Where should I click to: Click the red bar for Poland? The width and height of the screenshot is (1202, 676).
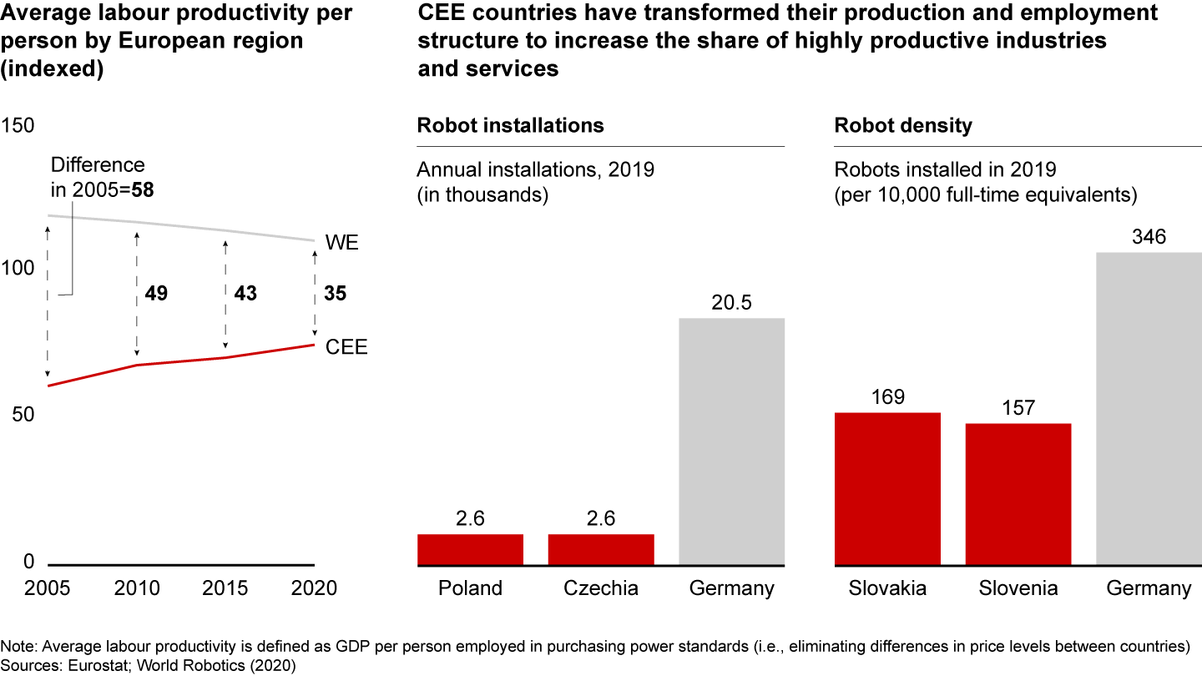click(x=470, y=549)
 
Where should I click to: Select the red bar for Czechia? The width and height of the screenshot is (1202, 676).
click(x=601, y=549)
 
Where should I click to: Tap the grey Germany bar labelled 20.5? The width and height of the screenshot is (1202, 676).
click(x=732, y=441)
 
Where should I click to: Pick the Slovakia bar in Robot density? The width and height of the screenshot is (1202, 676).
click(x=888, y=489)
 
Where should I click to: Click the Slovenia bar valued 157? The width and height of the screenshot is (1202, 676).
click(x=1018, y=494)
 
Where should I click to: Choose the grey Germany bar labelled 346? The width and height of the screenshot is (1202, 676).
click(x=1149, y=409)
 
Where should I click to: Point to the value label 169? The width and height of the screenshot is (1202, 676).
click(x=888, y=397)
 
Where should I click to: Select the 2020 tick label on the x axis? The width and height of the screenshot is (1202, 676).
click(x=314, y=588)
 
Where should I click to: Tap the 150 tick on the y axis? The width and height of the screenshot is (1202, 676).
click(x=18, y=126)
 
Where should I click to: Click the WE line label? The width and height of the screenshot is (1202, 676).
click(x=342, y=244)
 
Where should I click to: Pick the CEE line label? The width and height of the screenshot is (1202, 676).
click(x=346, y=347)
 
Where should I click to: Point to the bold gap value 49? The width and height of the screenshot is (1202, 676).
click(x=156, y=294)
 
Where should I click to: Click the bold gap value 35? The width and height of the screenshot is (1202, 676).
click(x=335, y=294)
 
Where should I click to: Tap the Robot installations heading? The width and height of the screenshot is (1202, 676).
click(x=510, y=126)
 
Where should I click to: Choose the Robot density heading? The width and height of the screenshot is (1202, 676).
click(x=903, y=126)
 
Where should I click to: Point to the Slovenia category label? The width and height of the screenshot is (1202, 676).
click(x=1018, y=588)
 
